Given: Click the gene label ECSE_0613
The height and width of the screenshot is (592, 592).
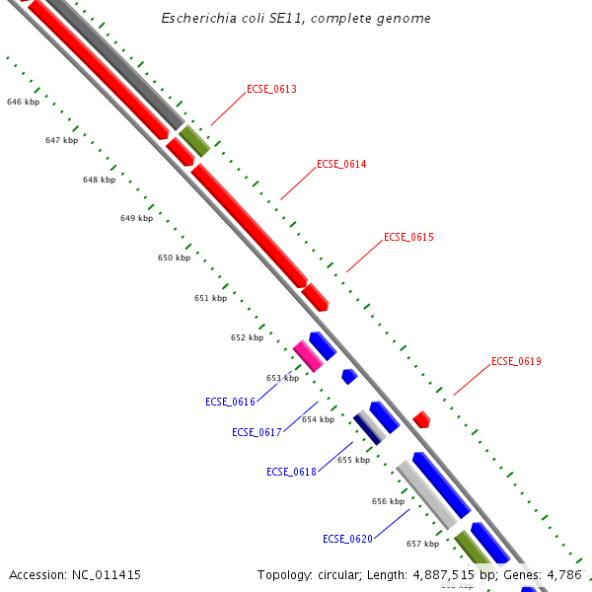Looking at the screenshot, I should [271, 89].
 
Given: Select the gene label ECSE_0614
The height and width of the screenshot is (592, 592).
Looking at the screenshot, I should [341, 164].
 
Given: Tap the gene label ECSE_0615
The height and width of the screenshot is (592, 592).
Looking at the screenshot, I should [408, 237].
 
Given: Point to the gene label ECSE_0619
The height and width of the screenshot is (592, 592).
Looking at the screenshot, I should [516, 361].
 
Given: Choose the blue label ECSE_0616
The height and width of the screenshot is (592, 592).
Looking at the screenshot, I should [230, 402].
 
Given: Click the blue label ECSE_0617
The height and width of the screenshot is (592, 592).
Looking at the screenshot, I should [257, 432].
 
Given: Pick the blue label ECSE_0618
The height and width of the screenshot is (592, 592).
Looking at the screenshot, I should [291, 472].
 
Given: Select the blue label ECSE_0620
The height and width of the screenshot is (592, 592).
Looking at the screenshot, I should [347, 539].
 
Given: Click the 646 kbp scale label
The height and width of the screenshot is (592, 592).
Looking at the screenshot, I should [23, 102].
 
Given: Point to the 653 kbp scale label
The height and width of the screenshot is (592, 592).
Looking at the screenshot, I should [282, 378].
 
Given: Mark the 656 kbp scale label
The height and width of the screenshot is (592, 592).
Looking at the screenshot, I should [388, 501].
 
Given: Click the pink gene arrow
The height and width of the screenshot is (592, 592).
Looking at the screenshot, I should [308, 355].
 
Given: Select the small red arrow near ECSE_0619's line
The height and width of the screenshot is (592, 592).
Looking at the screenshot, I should [421, 419].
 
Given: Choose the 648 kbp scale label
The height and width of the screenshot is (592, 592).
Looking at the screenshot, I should [99, 180].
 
